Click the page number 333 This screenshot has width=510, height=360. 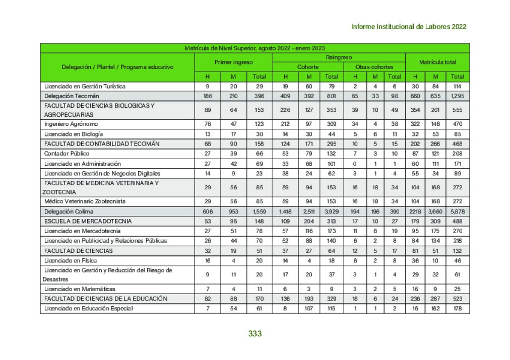point(254,333)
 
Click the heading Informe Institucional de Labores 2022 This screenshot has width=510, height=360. point(408,27)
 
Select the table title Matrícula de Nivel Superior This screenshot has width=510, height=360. point(254,48)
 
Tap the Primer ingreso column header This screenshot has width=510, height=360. point(233,62)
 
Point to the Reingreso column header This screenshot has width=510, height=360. point(339,57)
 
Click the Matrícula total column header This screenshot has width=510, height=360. point(437,62)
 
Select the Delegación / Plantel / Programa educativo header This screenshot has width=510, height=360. point(117,67)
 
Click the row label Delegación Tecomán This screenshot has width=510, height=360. point(72,96)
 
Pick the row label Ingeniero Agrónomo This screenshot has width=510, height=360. point(71,124)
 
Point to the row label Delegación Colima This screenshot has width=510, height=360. point(69,211)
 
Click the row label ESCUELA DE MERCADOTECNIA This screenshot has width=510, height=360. point(88,221)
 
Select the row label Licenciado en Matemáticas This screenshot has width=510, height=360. point(80,289)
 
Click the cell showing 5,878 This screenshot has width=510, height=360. point(458,211)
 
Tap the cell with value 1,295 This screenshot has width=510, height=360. point(458,96)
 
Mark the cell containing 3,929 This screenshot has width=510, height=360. point(331,211)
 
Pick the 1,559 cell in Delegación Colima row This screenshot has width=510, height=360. point(259,211)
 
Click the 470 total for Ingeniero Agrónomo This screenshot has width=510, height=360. point(458,124)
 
